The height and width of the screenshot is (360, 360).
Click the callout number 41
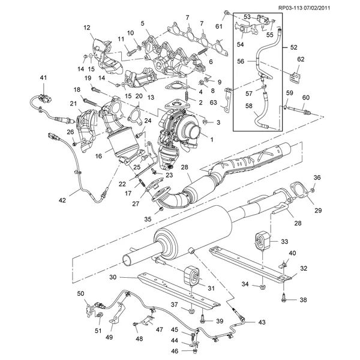[43, 78]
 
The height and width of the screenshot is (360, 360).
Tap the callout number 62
[301, 59]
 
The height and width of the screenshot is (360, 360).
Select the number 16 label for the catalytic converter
[98, 156]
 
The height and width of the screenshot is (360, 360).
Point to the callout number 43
[262, 322]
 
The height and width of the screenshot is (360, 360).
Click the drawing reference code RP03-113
[290, 8]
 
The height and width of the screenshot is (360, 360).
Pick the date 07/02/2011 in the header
[317, 8]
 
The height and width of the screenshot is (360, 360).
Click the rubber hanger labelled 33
[262, 241]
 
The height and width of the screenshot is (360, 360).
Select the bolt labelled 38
[283, 298]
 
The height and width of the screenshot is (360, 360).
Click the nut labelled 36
[313, 190]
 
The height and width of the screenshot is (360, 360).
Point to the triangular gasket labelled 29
[299, 190]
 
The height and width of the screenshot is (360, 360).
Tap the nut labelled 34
[262, 286]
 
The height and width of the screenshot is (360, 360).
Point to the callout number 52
[293, 47]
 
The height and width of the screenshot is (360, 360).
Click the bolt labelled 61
[226, 13]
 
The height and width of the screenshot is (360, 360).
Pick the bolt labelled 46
[195, 351]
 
